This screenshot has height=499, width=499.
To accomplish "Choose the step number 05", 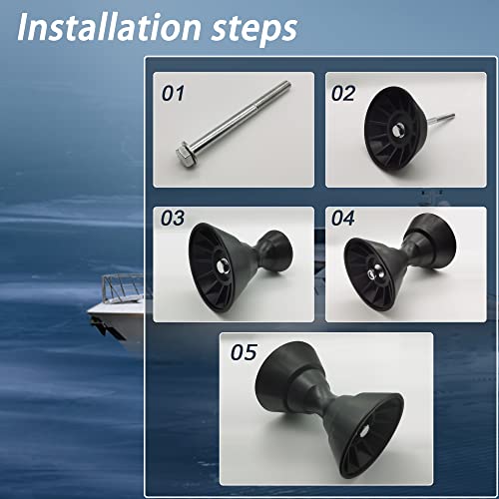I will pos(243,351).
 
